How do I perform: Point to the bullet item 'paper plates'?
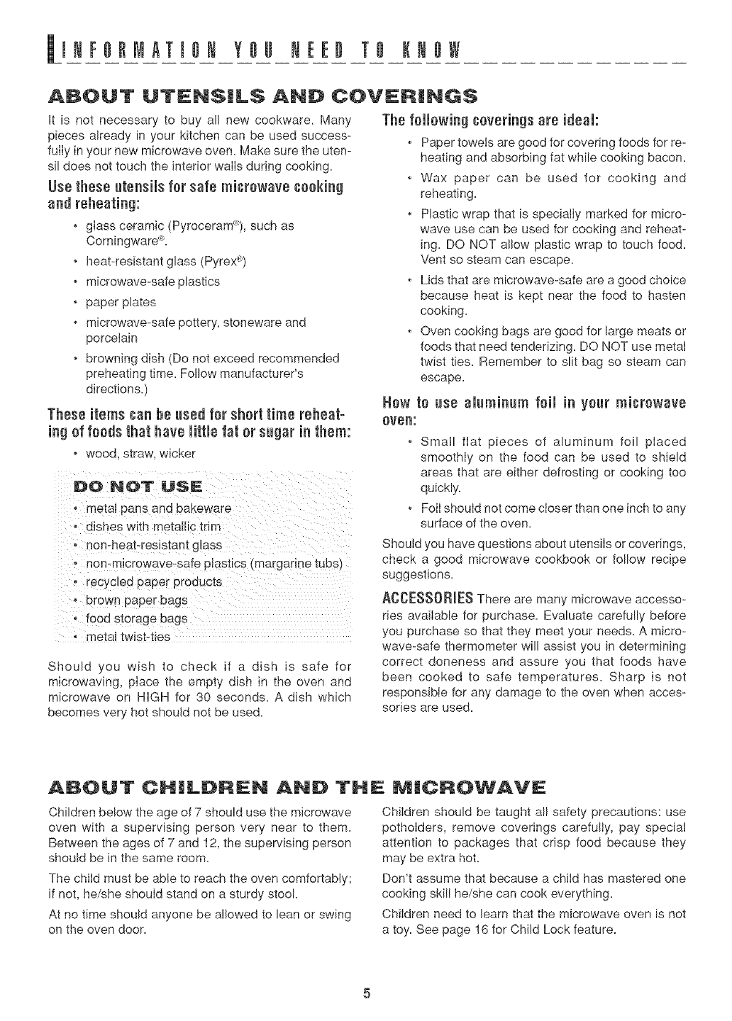(121, 302)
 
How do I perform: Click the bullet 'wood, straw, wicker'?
(140, 452)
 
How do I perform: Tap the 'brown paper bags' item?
(137, 600)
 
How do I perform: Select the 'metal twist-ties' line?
(128, 637)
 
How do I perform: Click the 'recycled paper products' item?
(154, 582)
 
